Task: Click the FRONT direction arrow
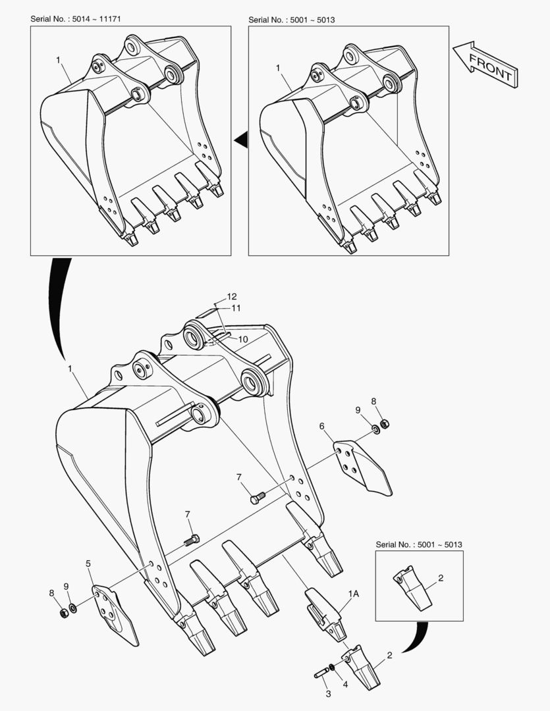tap(485, 65)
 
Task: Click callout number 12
tap(232, 296)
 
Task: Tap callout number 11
tap(236, 308)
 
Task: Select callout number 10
tap(243, 339)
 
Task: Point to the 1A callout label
tap(354, 594)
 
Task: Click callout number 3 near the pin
tap(329, 694)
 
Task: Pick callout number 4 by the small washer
tap(345, 685)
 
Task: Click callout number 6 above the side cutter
tap(321, 426)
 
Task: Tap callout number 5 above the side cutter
tap(88, 564)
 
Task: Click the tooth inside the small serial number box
tap(412, 587)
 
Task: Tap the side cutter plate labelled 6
tap(362, 467)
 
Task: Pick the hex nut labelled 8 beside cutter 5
tap(64, 613)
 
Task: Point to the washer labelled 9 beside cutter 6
tap(375, 429)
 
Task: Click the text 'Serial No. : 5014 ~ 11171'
tap(75, 18)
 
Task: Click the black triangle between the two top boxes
tap(242, 140)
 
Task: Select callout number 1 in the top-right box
tap(278, 68)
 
